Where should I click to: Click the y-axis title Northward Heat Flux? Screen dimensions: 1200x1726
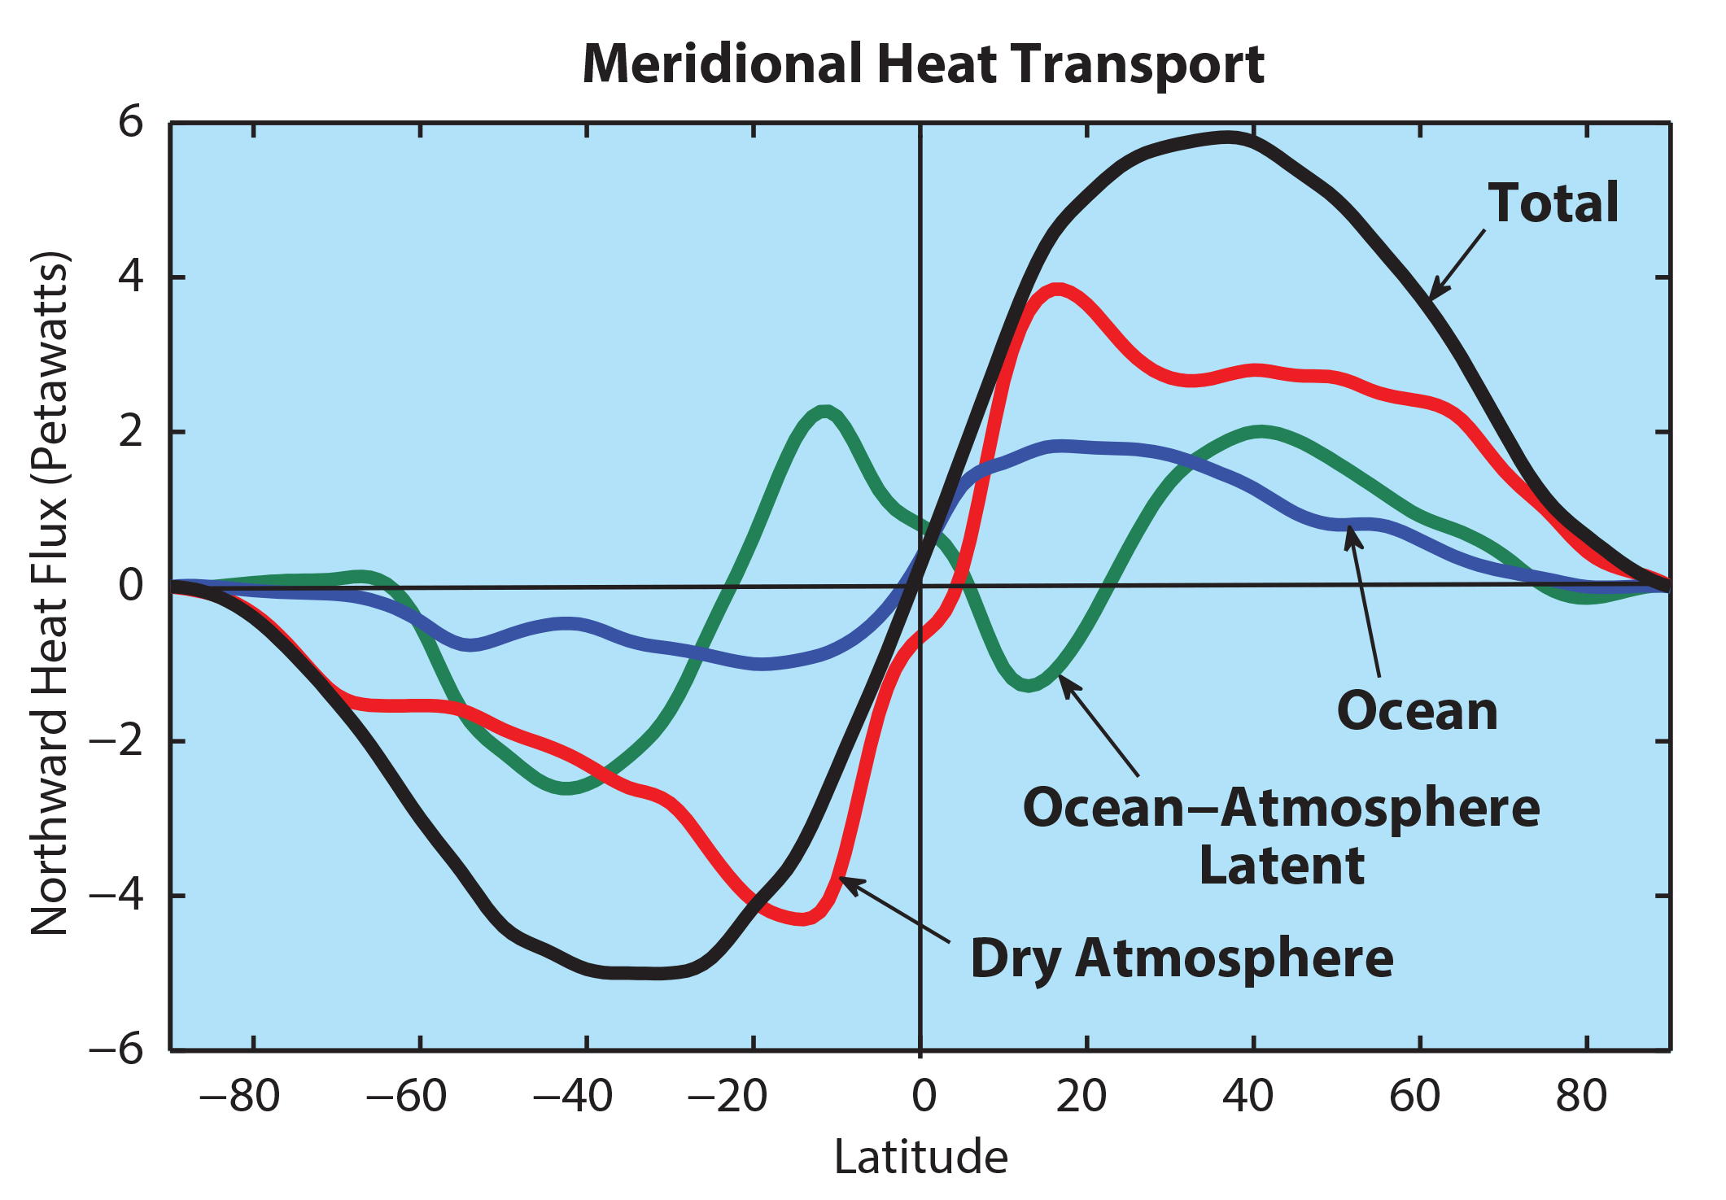tap(50, 594)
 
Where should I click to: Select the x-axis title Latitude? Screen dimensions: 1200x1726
tap(920, 1157)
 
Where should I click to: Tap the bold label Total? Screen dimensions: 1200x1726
tap(1553, 203)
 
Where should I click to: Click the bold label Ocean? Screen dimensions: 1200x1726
tap(1417, 711)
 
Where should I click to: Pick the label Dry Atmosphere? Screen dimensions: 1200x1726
tap(1182, 958)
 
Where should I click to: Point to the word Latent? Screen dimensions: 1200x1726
tap(1282, 865)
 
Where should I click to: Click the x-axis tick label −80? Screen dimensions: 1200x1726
tap(239, 1096)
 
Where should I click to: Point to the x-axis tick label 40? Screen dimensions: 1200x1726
tap(1248, 1096)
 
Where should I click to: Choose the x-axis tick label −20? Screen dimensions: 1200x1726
tap(727, 1096)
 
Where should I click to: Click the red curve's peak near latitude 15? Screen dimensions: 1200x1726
tap(1056, 290)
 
